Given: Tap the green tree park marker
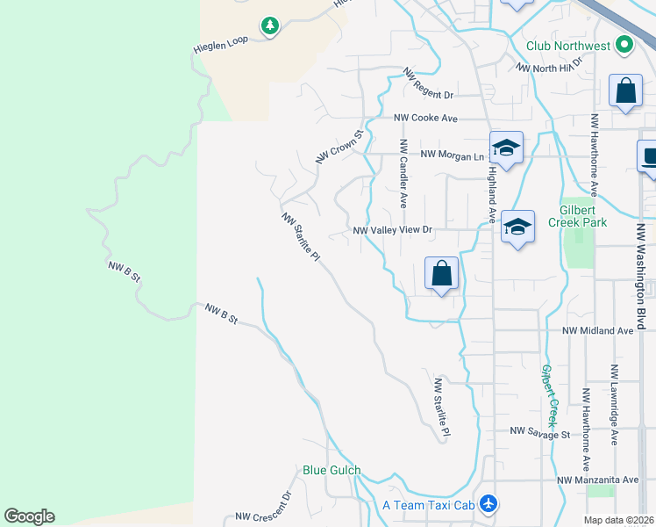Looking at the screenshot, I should (x=269, y=26).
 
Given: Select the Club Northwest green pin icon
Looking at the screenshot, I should (x=624, y=44).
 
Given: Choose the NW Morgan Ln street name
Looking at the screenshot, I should (x=453, y=155).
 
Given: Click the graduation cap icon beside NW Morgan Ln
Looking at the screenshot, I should (x=506, y=148).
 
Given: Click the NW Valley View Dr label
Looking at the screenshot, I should (x=393, y=230).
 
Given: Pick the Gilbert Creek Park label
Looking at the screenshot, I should (x=584, y=216).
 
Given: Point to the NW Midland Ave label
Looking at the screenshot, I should (x=596, y=331).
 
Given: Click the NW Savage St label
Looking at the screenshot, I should (x=540, y=433).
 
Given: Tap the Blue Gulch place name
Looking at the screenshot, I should (x=332, y=471).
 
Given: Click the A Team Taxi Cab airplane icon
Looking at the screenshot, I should (x=489, y=504).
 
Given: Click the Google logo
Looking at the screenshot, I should (x=29, y=516).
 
